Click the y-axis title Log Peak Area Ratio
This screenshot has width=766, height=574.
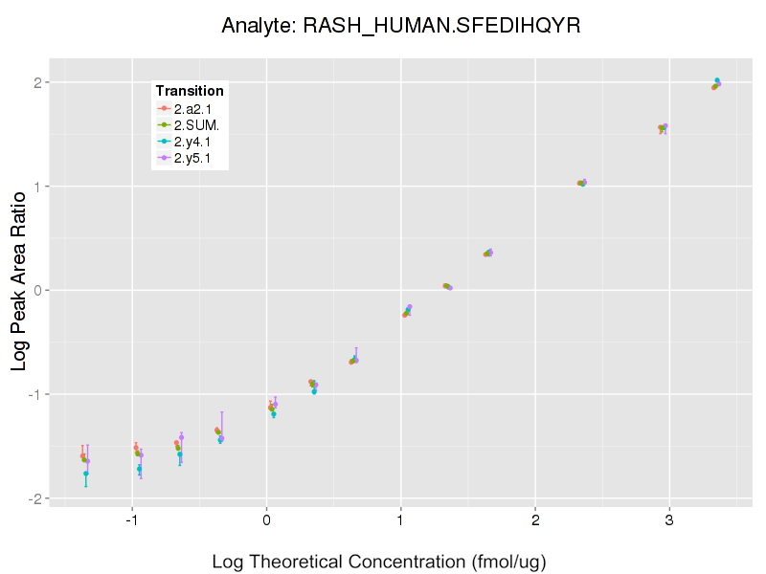18,279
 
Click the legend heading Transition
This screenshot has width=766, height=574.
190,91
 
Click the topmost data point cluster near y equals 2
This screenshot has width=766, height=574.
716,84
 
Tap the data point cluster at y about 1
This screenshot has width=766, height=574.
581,183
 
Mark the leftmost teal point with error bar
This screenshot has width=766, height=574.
86,474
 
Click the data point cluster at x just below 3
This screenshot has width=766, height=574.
663,127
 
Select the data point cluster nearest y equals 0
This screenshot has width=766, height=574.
447,286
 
